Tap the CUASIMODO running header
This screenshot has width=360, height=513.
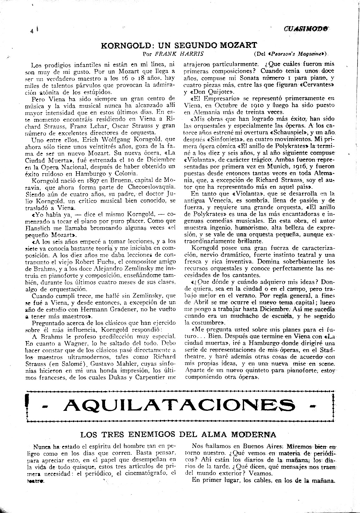pyautogui.click(x=306, y=28)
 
